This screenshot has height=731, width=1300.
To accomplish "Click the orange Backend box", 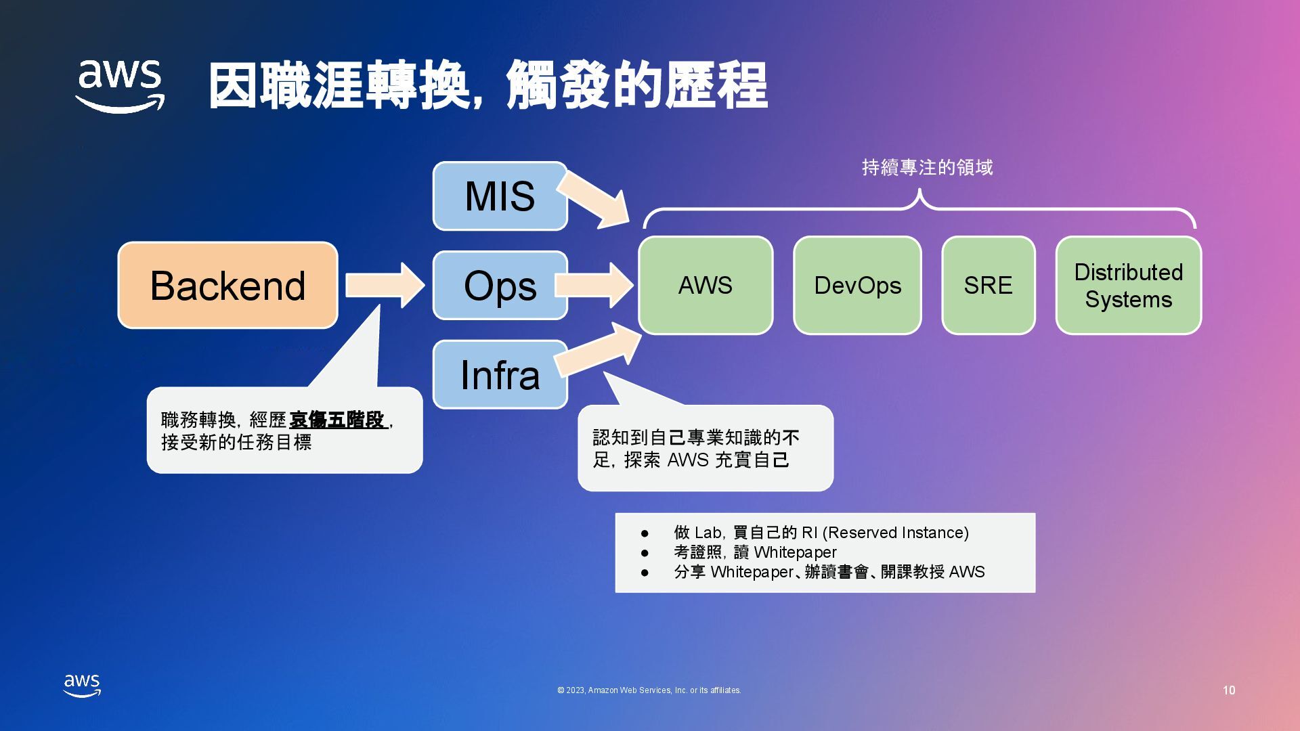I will click(227, 285).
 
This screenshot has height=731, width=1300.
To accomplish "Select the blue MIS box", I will click(500, 196).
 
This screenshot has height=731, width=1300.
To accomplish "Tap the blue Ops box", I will click(500, 285).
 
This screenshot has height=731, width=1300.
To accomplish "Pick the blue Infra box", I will click(500, 374).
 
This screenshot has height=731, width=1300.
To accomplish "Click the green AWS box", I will click(706, 285).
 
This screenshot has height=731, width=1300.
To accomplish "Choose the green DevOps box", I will click(857, 285).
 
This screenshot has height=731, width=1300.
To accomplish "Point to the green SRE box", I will click(988, 285).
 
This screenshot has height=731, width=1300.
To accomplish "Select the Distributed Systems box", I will click(1128, 285).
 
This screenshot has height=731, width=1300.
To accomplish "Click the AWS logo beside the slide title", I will click(120, 86).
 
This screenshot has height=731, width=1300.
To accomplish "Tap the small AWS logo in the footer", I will click(82, 685).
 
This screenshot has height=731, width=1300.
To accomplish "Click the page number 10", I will click(1229, 690).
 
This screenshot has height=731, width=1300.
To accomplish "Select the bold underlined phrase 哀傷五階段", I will click(337, 420).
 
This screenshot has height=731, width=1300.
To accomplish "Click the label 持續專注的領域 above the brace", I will click(927, 167).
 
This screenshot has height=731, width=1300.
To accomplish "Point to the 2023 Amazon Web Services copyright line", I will click(649, 690).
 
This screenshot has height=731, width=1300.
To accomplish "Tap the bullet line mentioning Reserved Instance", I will click(821, 533).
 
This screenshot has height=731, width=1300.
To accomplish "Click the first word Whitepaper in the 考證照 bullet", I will click(795, 552).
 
